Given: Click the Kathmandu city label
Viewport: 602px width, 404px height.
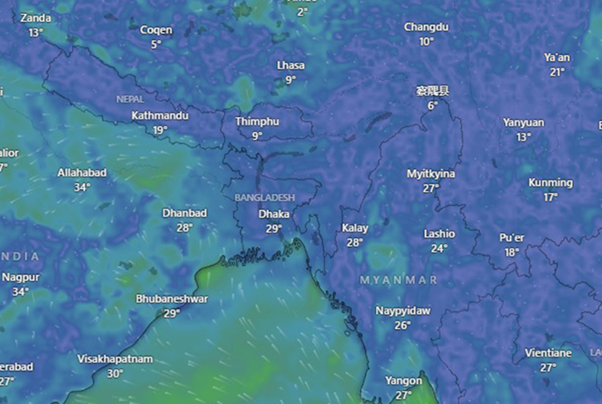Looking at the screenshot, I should pos(160,116).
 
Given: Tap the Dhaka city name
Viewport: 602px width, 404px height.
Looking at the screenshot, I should pos(274,214).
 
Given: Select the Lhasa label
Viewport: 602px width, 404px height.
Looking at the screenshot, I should pos(290,66).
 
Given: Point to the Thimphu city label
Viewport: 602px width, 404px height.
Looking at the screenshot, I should pos(257,122).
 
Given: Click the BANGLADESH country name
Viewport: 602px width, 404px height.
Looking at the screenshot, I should pos(265,198).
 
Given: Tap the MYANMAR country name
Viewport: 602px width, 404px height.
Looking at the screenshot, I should pos(399,280).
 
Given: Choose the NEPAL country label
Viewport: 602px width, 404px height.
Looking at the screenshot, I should pos(130,99).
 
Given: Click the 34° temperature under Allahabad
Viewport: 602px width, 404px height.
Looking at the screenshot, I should pos(82,187).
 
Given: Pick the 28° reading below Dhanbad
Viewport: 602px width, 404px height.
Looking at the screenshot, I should pos(184,227).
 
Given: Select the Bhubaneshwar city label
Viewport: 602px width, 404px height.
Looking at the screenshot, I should pos(172,299).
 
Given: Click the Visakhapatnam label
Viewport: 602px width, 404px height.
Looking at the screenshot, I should pos(115,359).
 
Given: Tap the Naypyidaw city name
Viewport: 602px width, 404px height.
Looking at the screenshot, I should pos(402,311).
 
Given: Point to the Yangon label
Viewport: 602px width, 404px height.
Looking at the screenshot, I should pos(403,381).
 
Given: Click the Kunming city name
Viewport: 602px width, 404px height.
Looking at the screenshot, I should pos(550,183).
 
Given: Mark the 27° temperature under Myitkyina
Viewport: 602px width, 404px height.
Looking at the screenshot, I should pos(431,188).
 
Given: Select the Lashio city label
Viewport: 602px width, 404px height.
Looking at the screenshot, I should pos(439,234).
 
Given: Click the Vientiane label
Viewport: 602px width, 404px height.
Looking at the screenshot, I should pos(548,352).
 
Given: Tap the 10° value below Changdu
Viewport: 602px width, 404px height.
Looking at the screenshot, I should pos(426,41).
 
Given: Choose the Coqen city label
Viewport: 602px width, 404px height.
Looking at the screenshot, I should pos(156,30).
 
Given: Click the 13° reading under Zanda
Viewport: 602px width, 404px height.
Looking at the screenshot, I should pos(35,31).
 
